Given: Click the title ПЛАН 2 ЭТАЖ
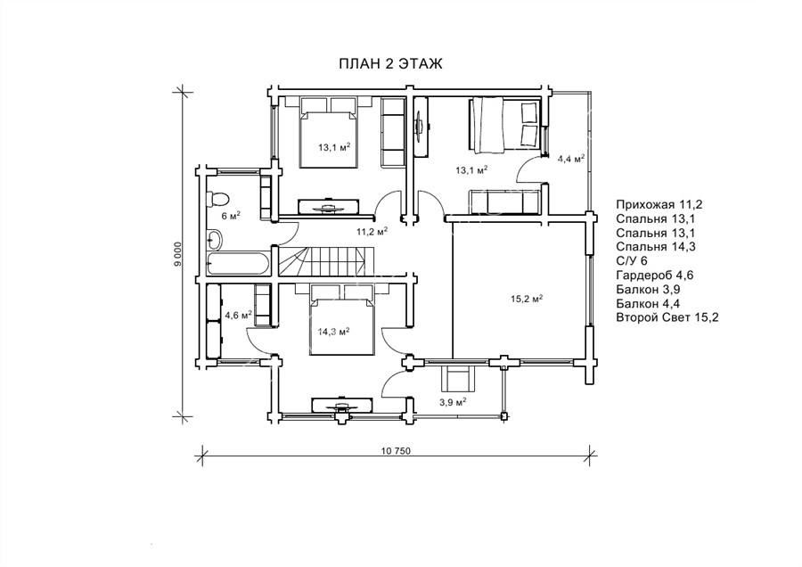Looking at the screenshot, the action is point(390,63).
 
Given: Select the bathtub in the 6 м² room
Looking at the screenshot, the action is point(237,264).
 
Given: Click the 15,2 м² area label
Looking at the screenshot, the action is point(527,299).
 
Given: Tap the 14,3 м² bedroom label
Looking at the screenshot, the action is point(333,332).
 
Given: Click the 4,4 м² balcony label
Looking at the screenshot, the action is point(571,159).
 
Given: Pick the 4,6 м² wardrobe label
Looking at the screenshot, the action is point(239,314).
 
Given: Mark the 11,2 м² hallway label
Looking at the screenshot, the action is point(372,231).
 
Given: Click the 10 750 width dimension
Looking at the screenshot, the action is point(396,451).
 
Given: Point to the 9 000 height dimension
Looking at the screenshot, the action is point(177,254).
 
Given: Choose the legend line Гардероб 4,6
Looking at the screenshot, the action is point(654,275).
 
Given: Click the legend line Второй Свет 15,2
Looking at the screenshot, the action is point(667,317).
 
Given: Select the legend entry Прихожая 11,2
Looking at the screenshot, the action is point(659,205).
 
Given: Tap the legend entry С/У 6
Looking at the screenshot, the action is point(632,261).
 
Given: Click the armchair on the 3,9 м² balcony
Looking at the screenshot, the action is point(458,380).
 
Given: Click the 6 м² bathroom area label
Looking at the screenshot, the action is point(231,216).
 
